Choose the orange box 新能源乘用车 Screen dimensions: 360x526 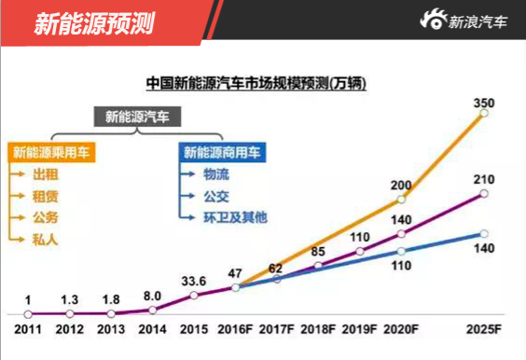click(x=53, y=151)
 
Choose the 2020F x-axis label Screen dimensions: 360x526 click(x=402, y=328)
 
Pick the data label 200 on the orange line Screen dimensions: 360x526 click(x=401, y=184)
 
